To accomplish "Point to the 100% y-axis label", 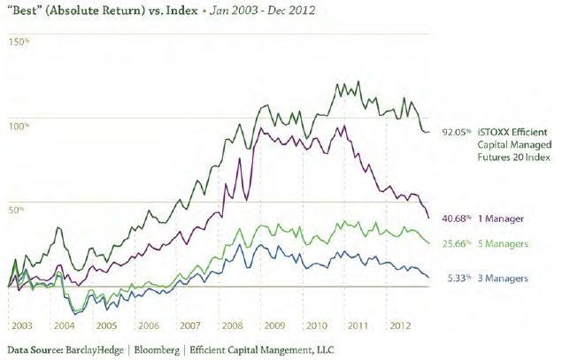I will coord(16,126).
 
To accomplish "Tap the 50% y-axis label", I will coord(14,210).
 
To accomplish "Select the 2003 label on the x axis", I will coord(21,325).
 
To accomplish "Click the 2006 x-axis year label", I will coord(148,325).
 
